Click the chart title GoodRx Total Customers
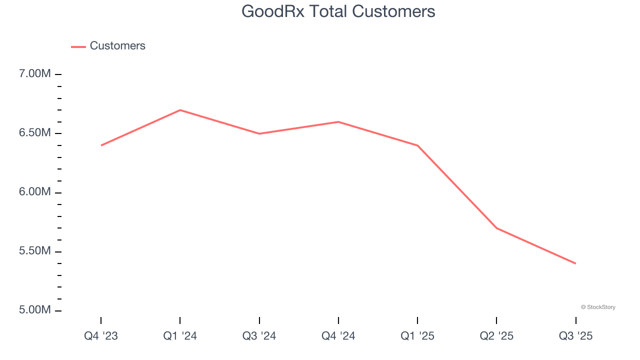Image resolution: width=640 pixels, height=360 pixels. pos(338,11)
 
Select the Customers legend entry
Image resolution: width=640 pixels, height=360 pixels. pos(117,46)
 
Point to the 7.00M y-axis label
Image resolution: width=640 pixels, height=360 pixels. pos(35,74)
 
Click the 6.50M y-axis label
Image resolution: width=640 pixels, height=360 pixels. pos(35,133)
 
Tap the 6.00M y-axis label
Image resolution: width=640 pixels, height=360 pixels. pos(35,192)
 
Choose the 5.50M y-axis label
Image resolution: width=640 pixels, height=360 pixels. pos(35,251)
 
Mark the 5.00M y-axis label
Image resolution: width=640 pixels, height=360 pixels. pos(35,310)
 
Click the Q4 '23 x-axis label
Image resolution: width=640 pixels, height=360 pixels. pos(101,336)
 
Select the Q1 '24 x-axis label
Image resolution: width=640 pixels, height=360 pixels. pos(180,336)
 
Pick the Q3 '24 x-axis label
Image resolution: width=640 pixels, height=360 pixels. pos(259,336)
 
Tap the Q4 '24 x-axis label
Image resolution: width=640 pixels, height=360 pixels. pos(338,336)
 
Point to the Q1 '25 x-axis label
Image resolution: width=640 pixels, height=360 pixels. pos(417,336)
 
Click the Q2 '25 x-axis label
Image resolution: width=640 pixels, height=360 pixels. pos(496,336)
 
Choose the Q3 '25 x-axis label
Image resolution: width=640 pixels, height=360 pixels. pos(575,336)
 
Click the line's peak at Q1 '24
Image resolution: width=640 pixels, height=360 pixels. pos(180,110)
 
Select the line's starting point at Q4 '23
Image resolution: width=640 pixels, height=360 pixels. pos(101,145)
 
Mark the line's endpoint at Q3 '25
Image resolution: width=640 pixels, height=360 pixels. pos(575,263)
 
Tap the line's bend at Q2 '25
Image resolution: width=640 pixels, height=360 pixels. pos(496,228)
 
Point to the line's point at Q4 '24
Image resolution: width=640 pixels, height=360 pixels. pos(338,122)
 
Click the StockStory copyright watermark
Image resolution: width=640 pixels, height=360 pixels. pos(598,307)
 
